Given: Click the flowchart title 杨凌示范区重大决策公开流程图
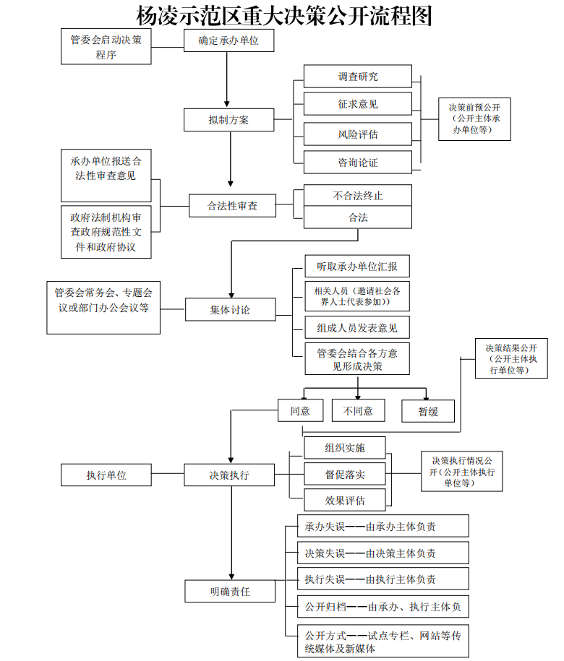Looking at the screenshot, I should (284, 14).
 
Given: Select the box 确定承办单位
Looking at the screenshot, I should (228, 42).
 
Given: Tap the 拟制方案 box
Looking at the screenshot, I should (228, 120).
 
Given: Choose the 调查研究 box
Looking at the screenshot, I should (357, 77).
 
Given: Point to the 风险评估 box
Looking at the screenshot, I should (357, 134).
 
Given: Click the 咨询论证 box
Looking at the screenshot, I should (357, 163).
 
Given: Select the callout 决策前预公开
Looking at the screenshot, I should (474, 118).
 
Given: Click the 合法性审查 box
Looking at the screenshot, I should (232, 206).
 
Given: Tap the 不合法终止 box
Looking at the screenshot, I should (357, 195).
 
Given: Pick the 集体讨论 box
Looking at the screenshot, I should (230, 310).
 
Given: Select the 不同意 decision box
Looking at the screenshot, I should (358, 410).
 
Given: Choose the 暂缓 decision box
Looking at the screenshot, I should (428, 410).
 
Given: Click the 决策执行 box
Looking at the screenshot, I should (229, 475).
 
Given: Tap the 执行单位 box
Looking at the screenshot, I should (106, 475).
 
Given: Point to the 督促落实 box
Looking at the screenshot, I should (344, 474).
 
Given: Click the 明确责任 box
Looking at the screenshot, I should (230, 591).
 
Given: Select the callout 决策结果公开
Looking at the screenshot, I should (512, 358).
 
